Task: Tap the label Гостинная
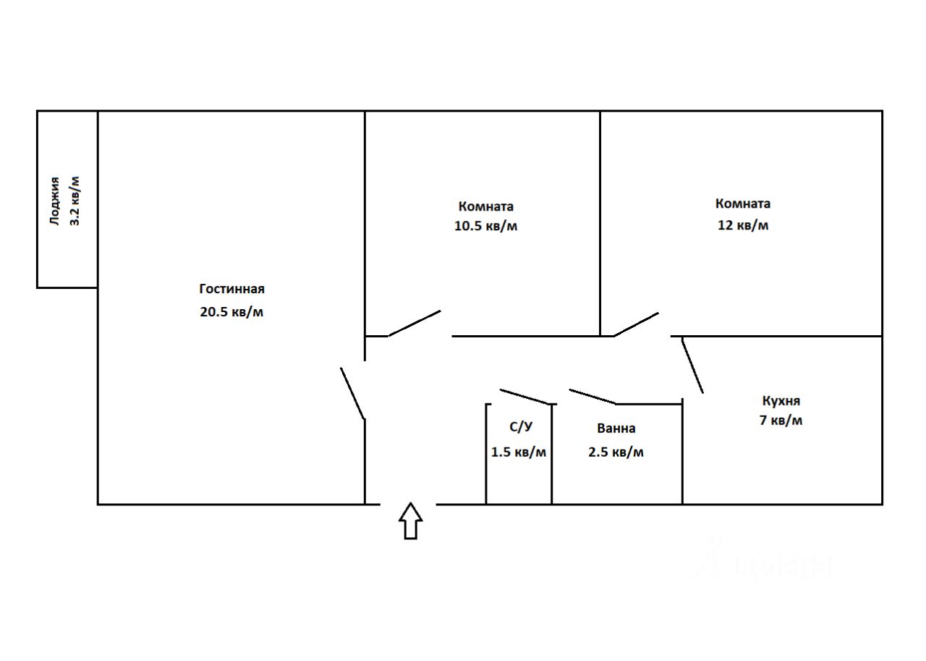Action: [x=231, y=289]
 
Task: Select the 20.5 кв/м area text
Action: [x=231, y=313]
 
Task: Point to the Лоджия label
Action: [x=55, y=201]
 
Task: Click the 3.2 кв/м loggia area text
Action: [x=75, y=201]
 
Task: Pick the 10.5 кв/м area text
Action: [x=485, y=226]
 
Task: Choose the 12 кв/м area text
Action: [x=742, y=225]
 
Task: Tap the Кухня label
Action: [x=781, y=400]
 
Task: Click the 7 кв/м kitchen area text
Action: [x=781, y=420]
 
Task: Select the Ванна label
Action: [x=616, y=429]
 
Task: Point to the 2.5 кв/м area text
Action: [x=616, y=452]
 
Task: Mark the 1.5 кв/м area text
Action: [x=519, y=452]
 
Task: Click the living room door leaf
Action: [x=352, y=393]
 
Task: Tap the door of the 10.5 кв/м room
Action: [x=415, y=324]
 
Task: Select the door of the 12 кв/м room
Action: [x=636, y=324]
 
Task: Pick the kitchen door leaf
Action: [x=692, y=366]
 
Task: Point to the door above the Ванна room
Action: [x=592, y=397]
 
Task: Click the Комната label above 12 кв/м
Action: [x=742, y=203]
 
